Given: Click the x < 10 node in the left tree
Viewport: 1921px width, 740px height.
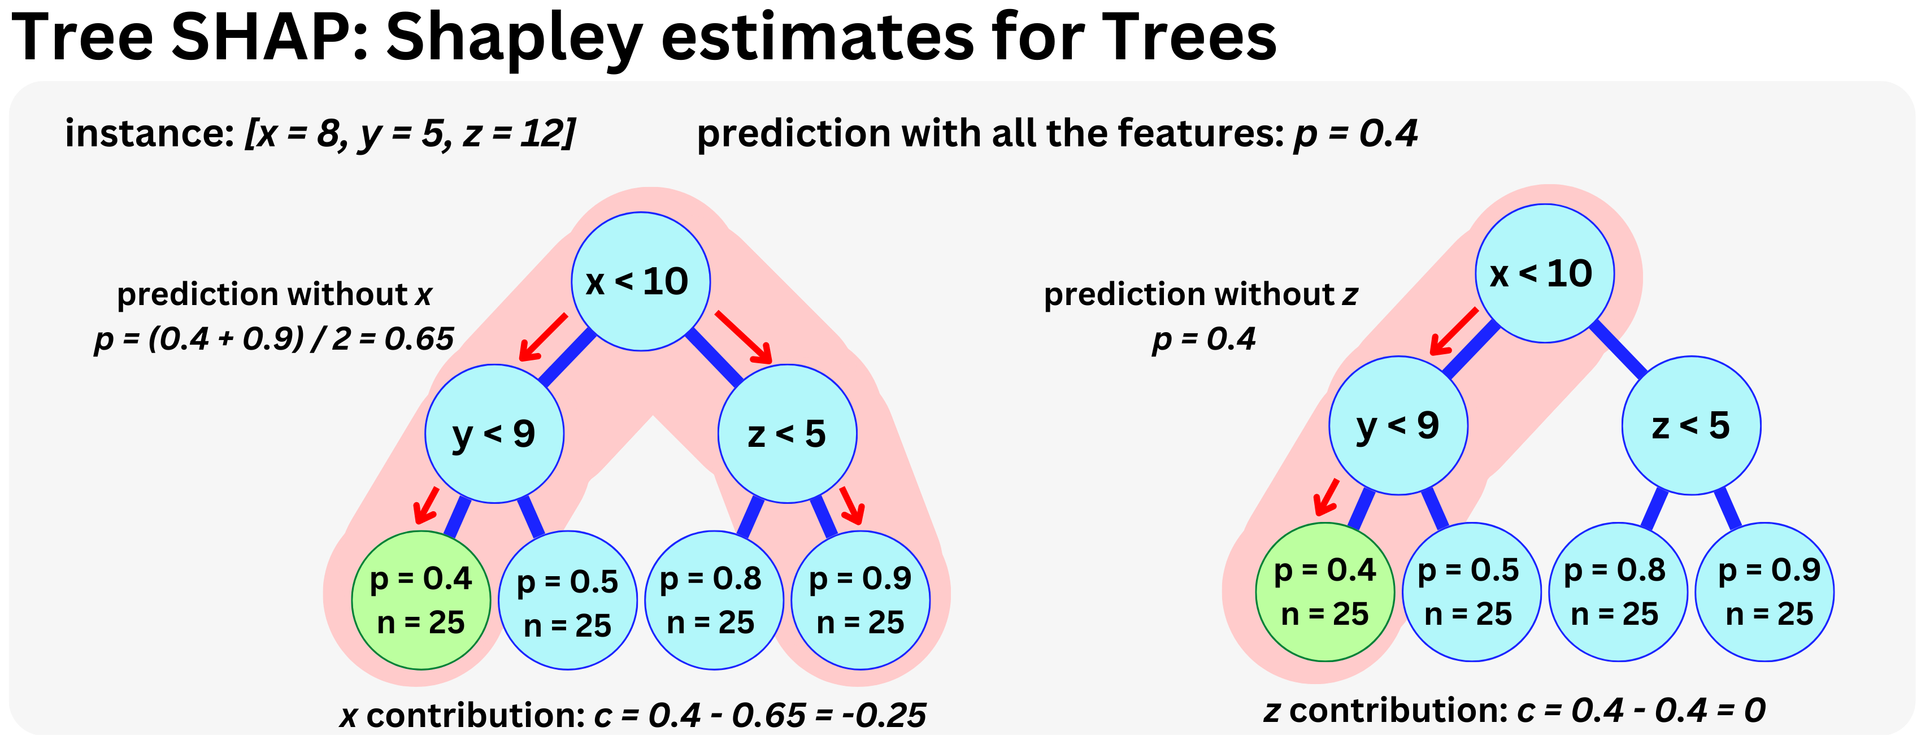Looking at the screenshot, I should tap(640, 282).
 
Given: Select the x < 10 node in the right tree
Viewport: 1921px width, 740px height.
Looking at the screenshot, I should tap(1544, 273).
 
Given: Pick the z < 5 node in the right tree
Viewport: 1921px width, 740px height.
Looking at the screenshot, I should tap(1690, 425).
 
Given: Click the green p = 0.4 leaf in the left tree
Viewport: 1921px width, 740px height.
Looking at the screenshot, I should tap(420, 600).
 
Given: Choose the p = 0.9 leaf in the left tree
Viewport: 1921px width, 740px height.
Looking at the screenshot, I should tap(860, 600).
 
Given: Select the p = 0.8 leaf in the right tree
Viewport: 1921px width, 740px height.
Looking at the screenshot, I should tap(1618, 591).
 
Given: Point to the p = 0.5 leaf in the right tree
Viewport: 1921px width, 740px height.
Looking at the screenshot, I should tap(1471, 591).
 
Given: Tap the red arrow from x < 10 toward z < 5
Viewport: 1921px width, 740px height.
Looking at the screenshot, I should tap(744, 337).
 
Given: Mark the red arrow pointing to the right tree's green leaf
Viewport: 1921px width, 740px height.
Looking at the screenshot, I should tap(1327, 497).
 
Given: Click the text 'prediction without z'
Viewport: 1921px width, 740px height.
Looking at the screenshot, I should tap(1200, 294).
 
